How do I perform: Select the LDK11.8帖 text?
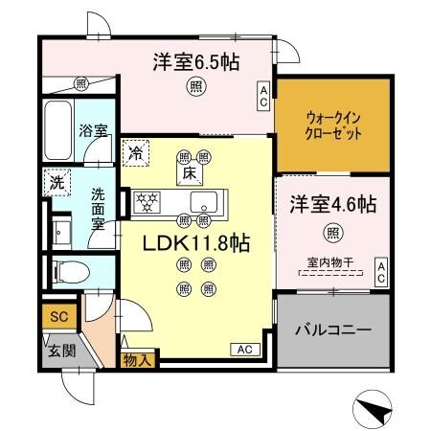click(x=195, y=243)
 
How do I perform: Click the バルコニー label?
click(x=333, y=329)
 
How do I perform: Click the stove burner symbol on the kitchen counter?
click(x=148, y=201)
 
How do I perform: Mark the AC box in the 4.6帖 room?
click(x=380, y=271)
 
